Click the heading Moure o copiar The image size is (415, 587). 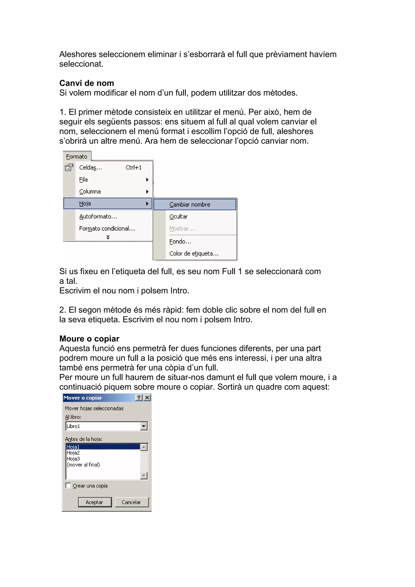[x=89, y=338]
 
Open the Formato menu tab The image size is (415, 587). [x=77, y=156]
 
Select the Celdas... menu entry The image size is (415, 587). [x=90, y=167]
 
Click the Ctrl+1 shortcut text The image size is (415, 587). [x=133, y=167]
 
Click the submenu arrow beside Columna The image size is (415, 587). [x=147, y=192]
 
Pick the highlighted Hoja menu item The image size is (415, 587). [x=85, y=204]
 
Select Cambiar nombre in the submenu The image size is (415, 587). [x=190, y=205]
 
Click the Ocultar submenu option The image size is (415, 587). [x=178, y=216]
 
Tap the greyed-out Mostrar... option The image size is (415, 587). [x=182, y=229]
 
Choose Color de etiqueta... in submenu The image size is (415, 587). [x=194, y=253]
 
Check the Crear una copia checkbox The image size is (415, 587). [x=68, y=485]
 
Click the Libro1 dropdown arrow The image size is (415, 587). [x=144, y=426]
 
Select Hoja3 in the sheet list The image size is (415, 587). [x=73, y=459]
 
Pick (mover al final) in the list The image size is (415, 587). [x=83, y=465]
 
